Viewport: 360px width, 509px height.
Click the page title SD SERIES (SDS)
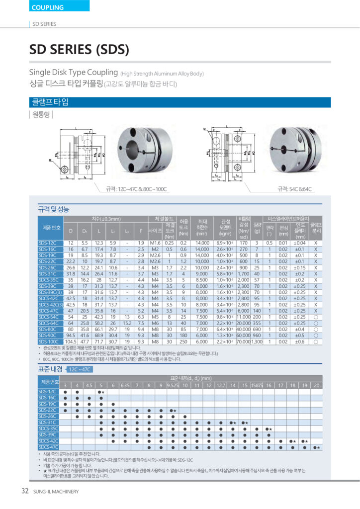79,49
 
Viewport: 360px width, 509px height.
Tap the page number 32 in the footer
25,492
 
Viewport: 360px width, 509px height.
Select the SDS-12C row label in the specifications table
48,242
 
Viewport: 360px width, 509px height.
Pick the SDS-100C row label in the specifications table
48,342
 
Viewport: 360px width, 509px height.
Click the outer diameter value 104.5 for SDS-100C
71,342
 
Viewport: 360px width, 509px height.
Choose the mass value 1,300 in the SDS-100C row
257,342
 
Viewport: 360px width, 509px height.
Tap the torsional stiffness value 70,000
243,342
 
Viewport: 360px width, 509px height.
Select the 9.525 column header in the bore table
173,385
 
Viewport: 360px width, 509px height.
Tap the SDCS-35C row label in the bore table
48,428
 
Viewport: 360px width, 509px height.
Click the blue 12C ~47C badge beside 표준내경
79,369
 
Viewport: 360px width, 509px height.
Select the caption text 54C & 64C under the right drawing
296,189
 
